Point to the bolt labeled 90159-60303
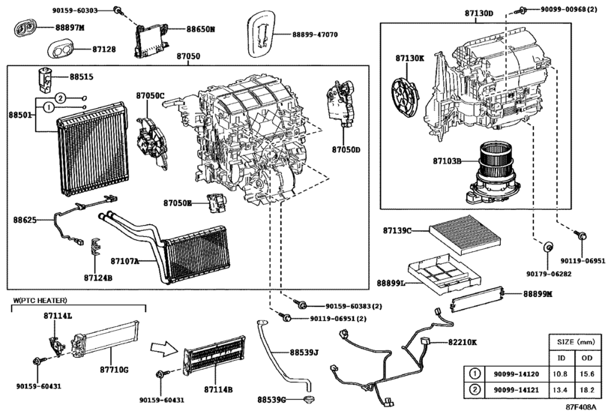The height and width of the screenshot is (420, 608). coord(118,10)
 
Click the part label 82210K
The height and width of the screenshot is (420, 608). coord(463,342)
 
